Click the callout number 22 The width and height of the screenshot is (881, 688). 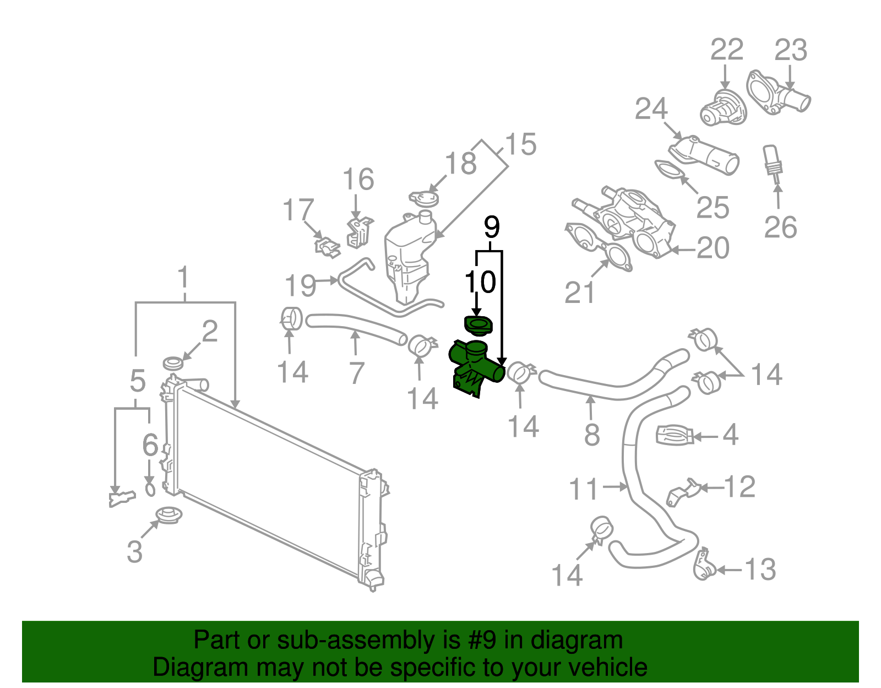point(726,50)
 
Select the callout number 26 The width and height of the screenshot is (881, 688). point(780,227)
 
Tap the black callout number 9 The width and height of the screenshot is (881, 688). point(491,227)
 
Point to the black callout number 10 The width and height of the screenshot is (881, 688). point(480,282)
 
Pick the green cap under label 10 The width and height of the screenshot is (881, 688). point(478,326)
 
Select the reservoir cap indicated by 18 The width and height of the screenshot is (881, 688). point(424,198)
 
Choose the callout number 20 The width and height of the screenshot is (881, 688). point(713,248)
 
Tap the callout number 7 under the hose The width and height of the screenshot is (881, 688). point(357,373)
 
